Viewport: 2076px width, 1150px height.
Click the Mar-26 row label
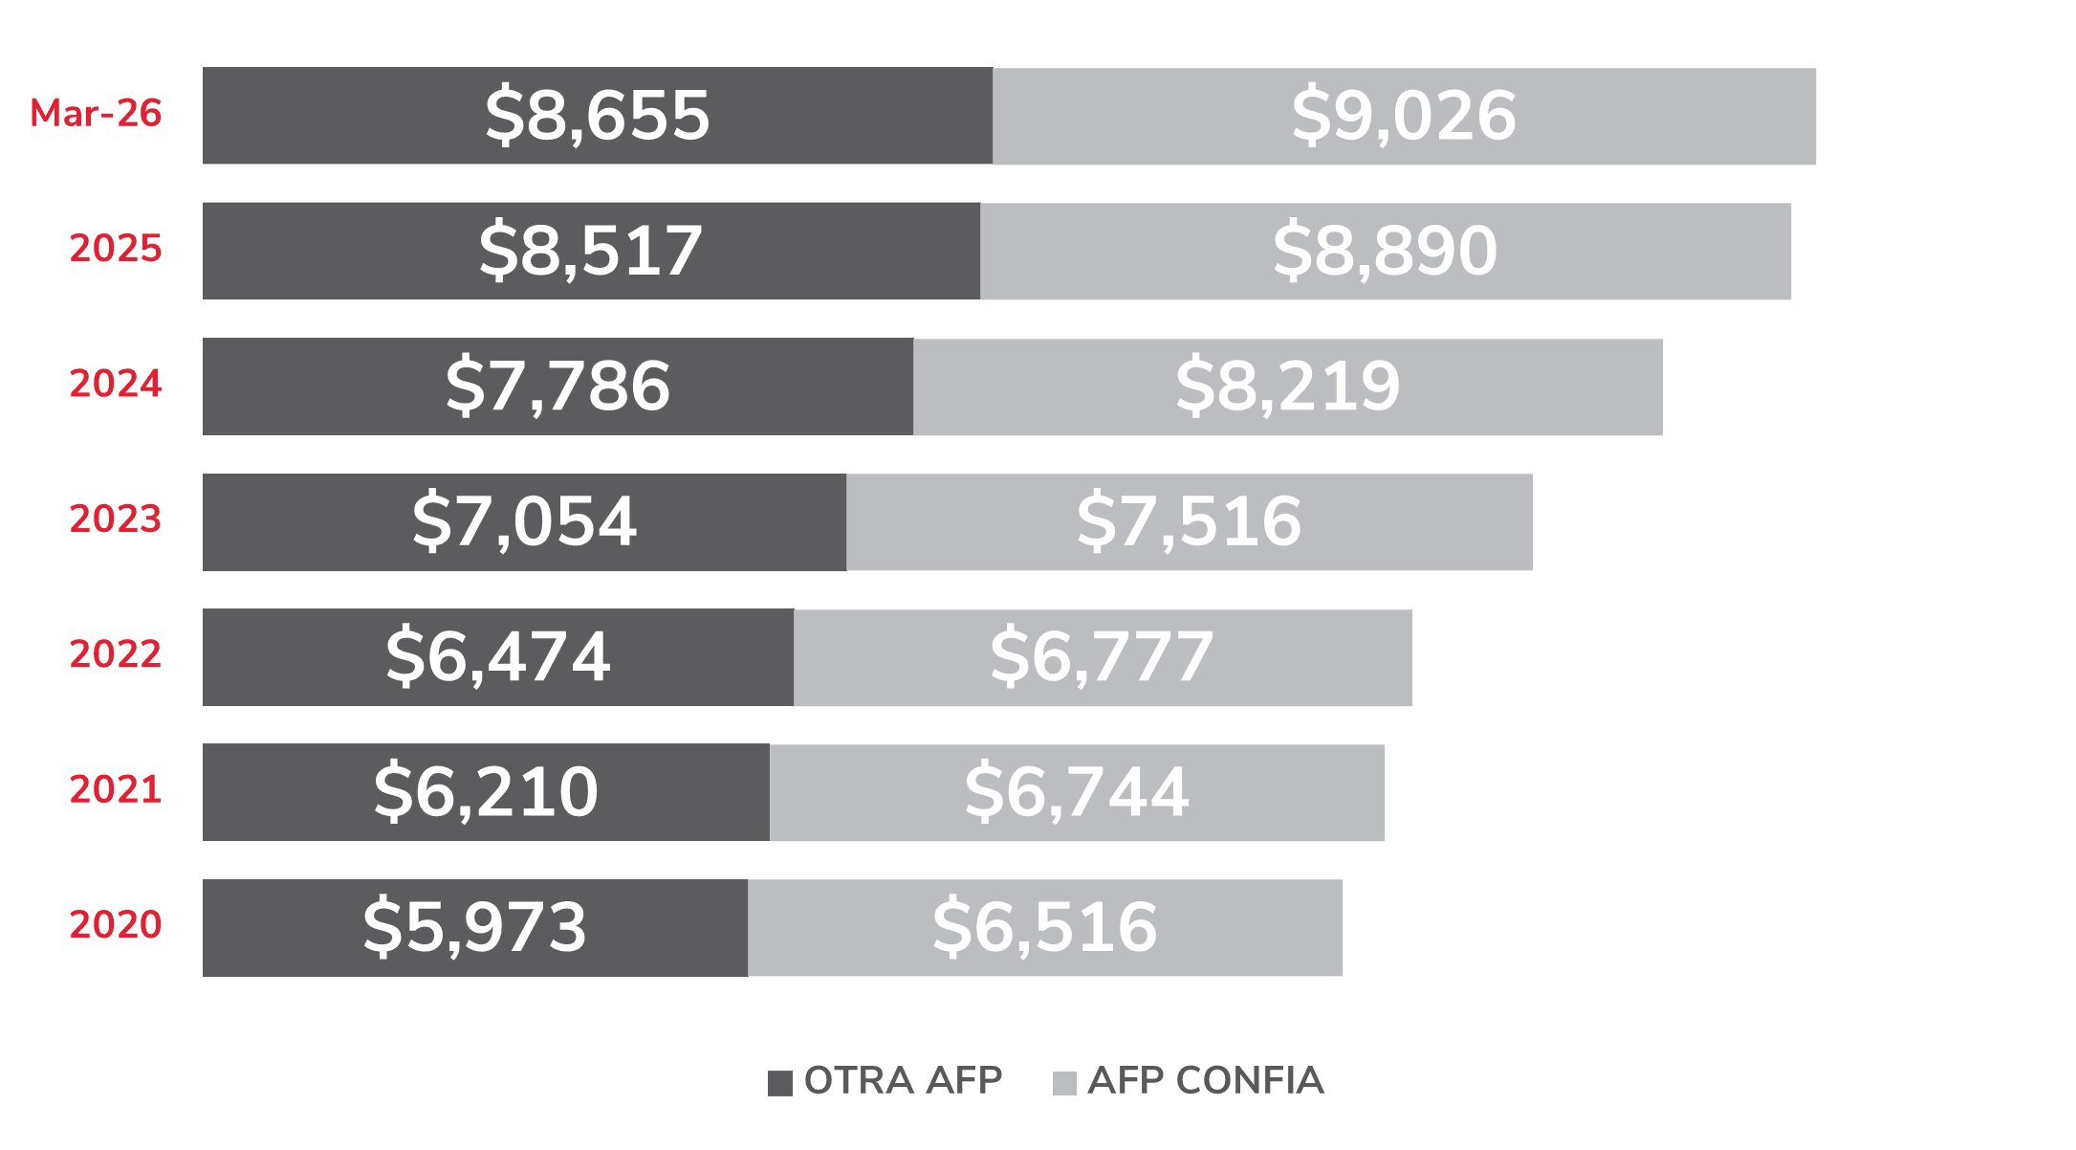click(96, 113)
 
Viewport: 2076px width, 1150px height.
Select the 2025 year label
click(116, 248)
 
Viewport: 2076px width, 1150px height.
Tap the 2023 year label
click(116, 519)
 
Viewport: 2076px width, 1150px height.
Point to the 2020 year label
click(116, 924)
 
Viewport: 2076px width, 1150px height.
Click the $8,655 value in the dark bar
click(598, 116)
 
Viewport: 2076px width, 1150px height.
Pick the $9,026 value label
click(1404, 116)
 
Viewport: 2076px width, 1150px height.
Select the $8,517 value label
click(591, 251)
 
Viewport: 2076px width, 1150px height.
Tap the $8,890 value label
click(1386, 251)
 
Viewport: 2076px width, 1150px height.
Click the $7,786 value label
click(557, 387)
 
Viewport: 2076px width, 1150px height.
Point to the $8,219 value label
click(1288, 387)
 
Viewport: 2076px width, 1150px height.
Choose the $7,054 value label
click(524, 522)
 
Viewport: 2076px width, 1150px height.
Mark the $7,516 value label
click(1190, 522)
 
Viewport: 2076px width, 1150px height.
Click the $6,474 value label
click(498, 657)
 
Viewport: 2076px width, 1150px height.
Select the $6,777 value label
click(1103, 657)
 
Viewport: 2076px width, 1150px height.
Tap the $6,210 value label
click(486, 792)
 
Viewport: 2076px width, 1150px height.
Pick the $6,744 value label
click(1077, 792)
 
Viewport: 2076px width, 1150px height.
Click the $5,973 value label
click(475, 928)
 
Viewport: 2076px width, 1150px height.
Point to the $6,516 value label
click(1045, 928)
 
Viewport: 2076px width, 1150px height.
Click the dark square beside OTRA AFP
click(780, 1083)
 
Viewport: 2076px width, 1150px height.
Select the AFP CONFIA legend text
click(1206, 1081)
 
